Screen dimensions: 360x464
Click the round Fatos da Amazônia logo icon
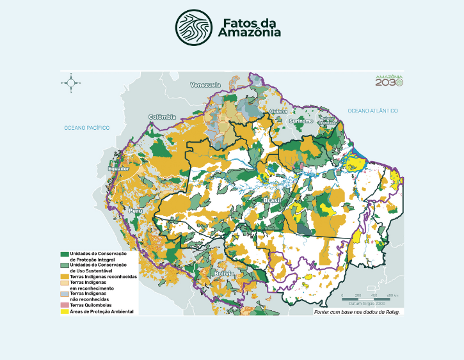coord(195,27)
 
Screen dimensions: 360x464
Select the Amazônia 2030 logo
coord(389,80)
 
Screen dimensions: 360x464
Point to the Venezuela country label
coord(205,85)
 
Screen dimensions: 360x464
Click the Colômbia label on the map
coord(162,117)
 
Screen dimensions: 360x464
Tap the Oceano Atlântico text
coord(373,111)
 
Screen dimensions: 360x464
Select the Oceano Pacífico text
coord(86,128)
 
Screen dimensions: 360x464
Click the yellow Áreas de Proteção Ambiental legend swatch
coord(65,311)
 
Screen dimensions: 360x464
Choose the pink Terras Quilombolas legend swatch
coord(65,305)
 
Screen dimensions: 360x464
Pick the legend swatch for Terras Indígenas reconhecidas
coord(65,276)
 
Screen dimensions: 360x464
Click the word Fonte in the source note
coord(322,311)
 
